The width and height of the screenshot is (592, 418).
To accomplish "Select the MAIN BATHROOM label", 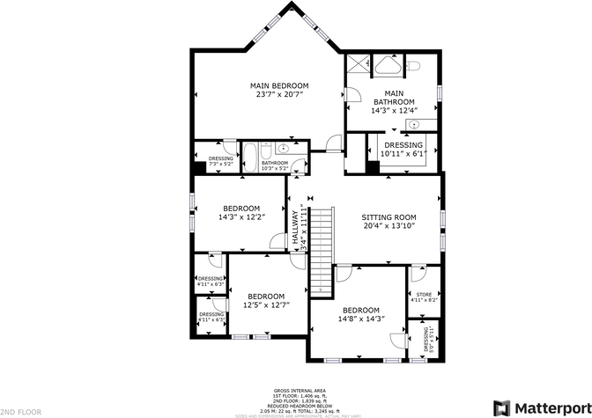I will pyautogui.click(x=394, y=98).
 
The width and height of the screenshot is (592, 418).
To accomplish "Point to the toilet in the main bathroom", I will pyautogui.click(x=413, y=64).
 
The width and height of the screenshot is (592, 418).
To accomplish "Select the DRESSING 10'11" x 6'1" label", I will pyautogui.click(x=403, y=150).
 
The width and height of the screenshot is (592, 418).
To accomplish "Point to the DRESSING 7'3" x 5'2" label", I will pyautogui.click(x=220, y=161).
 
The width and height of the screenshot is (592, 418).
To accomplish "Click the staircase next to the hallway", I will pyautogui.click(x=321, y=250).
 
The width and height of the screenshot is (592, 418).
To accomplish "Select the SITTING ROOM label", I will pyautogui.click(x=388, y=222).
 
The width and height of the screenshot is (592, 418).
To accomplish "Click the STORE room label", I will pyautogui.click(x=424, y=297).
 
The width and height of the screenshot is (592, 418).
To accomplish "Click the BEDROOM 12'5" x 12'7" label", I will pyautogui.click(x=265, y=300).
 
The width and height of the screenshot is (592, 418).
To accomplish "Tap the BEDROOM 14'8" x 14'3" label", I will pyautogui.click(x=360, y=315).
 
